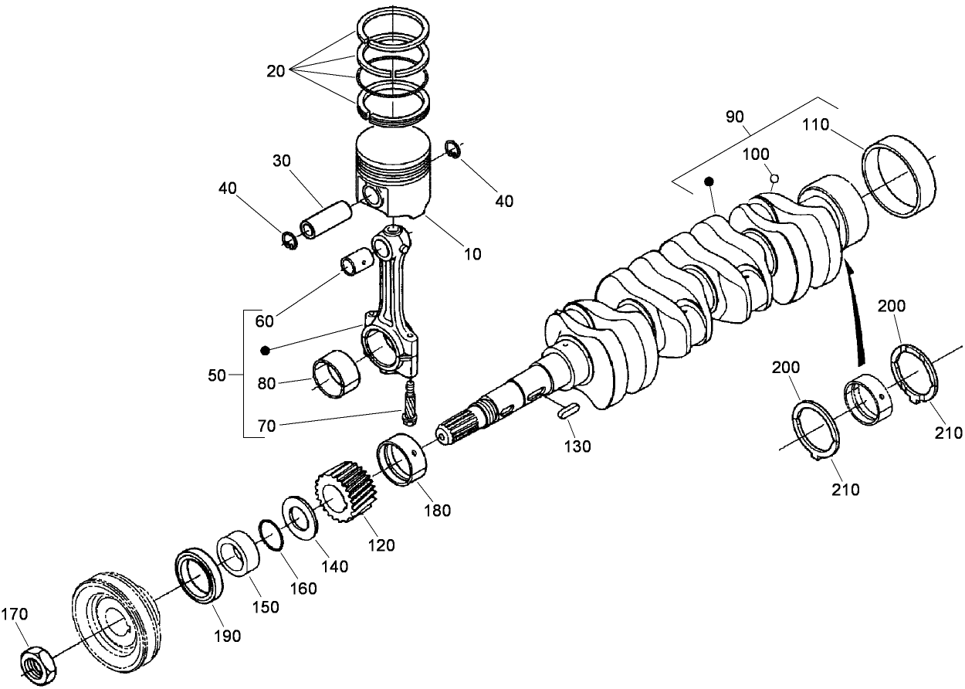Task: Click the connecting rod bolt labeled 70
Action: (410, 400)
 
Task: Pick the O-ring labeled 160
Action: (270, 535)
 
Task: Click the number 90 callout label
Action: (735, 117)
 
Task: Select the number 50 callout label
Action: (217, 375)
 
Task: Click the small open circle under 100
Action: (774, 179)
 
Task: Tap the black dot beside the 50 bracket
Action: (266, 350)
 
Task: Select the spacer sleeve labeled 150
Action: (239, 555)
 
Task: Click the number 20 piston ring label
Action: (276, 71)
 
